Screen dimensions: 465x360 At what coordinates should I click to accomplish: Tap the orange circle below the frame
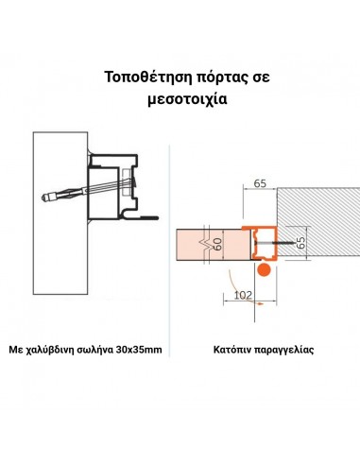[265, 269]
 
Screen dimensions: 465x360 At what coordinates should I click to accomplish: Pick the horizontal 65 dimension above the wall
[260, 185]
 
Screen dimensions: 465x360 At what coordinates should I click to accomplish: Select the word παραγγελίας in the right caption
[285, 351]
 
